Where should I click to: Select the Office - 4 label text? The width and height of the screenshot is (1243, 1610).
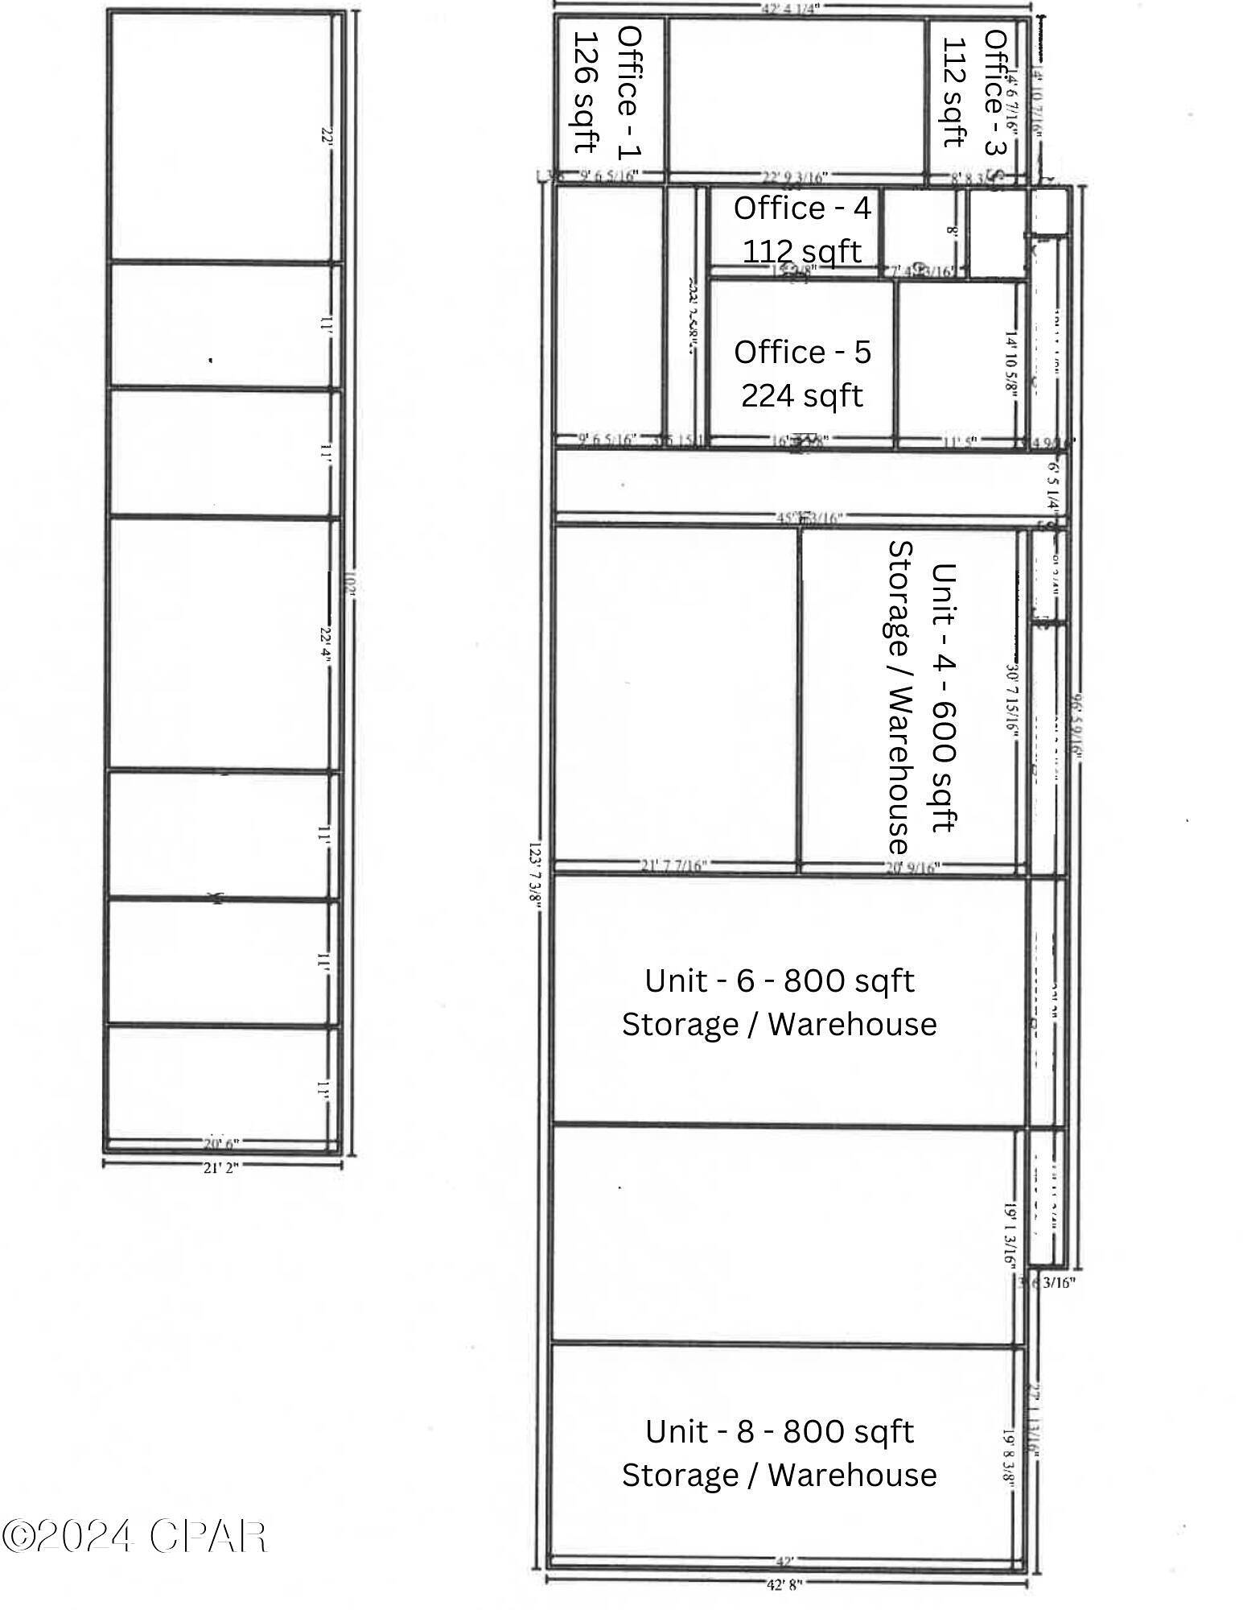[x=802, y=208]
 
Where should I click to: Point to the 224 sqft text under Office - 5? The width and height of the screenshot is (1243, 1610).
[x=801, y=395]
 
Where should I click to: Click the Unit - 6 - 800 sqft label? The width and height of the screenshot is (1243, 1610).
[x=779, y=980]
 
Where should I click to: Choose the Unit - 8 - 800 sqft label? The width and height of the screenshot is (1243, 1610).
[x=779, y=1431]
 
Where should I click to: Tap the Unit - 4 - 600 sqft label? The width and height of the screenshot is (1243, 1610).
[x=943, y=696]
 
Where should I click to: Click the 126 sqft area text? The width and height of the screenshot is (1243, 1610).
[x=586, y=93]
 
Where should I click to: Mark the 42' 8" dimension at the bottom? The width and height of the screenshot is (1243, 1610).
[x=784, y=1584]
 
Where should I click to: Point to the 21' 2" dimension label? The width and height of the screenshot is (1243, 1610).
[x=220, y=1167]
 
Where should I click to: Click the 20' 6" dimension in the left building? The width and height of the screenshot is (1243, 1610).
[x=220, y=1143]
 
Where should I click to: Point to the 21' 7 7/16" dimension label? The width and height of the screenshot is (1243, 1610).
[x=673, y=865]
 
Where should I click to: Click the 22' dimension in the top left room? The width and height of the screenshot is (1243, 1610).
[x=325, y=137]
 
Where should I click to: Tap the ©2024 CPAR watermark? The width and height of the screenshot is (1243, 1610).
[x=134, y=1536]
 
